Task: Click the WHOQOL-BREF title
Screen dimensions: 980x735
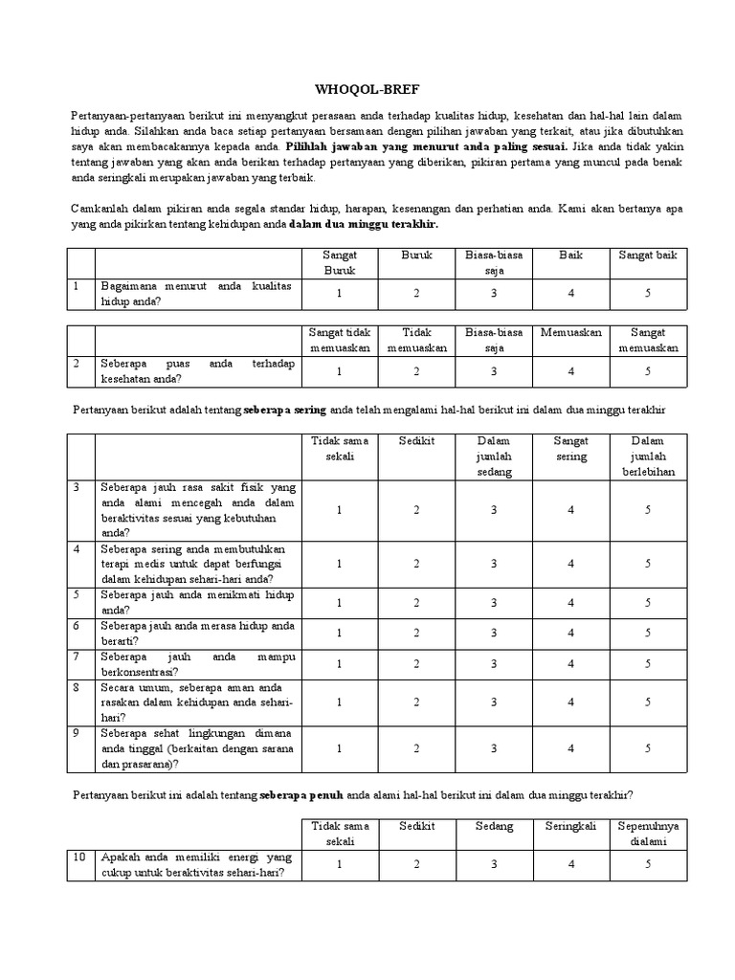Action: coord(367,85)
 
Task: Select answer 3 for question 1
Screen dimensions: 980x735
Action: coord(494,293)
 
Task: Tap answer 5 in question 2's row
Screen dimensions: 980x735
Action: coord(647,371)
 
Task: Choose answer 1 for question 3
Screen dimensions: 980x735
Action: coord(339,510)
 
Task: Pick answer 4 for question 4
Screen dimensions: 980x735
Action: coord(570,564)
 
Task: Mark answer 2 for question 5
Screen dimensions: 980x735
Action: coord(416,602)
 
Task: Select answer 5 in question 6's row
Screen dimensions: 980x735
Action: coord(647,633)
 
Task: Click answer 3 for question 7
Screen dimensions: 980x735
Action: coord(494,663)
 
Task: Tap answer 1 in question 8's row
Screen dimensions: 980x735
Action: coord(339,702)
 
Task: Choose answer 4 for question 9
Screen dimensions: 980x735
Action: coord(570,748)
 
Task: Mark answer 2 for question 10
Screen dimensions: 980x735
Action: coord(416,864)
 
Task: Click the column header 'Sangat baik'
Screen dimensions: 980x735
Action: coord(647,256)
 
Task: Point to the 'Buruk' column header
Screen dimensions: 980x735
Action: coord(416,256)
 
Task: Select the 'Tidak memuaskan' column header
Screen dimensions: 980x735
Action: coord(416,340)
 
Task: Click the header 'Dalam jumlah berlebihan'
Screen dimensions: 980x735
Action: coord(647,456)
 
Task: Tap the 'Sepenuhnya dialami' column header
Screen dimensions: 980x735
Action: coord(647,834)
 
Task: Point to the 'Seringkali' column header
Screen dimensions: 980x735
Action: coord(570,826)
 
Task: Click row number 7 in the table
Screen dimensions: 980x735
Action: coord(78,657)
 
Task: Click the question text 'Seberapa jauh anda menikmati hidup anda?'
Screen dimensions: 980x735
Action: coord(197,601)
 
